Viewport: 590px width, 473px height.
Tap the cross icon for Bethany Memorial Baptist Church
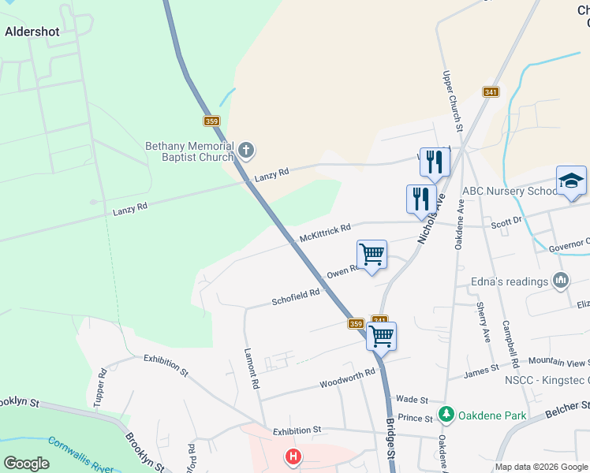click(246, 149)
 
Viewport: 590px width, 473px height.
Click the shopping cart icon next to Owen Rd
click(372, 255)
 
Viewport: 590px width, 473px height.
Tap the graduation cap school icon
click(571, 181)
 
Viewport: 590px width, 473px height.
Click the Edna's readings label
click(511, 281)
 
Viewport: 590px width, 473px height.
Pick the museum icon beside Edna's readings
click(561, 280)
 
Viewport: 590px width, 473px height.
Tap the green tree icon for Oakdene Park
click(446, 413)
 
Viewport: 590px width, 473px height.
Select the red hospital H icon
click(293, 456)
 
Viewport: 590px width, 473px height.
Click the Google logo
click(26, 464)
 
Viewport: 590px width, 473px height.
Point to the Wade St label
click(412, 400)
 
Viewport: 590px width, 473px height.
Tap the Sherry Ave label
click(484, 323)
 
